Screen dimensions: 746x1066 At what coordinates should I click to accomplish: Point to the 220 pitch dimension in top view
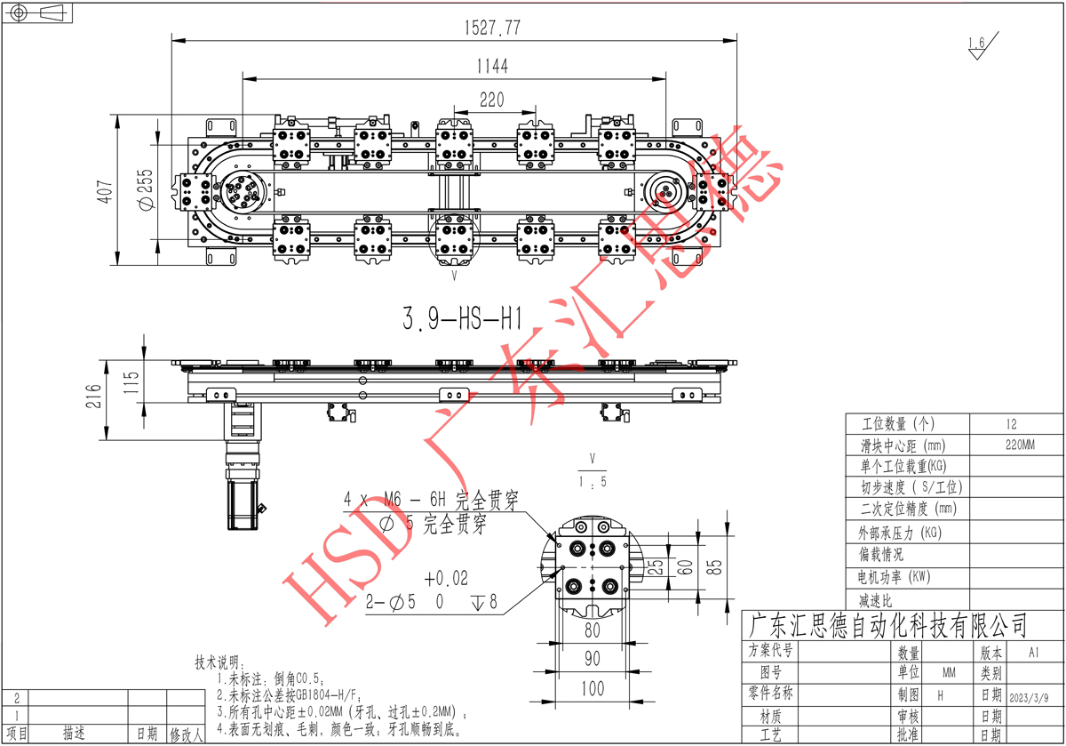[492, 100]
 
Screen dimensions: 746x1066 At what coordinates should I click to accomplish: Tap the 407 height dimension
[105, 190]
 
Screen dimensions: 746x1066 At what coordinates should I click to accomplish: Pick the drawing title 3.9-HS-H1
[461, 317]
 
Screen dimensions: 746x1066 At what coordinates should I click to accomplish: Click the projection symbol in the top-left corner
[37, 12]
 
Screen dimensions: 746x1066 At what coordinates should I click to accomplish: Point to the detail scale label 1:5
[593, 481]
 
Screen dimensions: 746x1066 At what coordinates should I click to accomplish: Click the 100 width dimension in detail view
[593, 688]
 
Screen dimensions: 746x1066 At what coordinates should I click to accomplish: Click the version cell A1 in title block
[1033, 651]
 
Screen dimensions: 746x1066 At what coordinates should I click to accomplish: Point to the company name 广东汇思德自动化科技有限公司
[888, 624]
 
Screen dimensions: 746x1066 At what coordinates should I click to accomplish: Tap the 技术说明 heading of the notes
[218, 663]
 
